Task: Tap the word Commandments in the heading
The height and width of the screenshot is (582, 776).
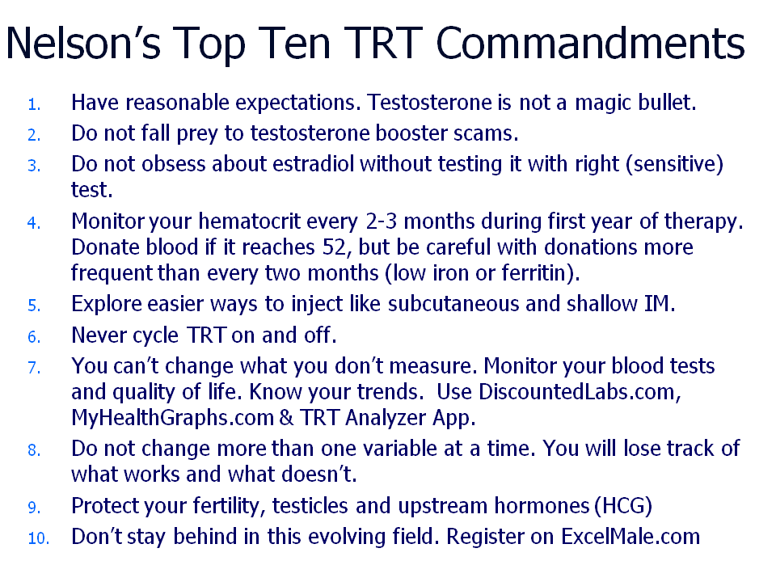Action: point(590,43)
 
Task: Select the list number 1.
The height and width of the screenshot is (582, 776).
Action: point(34,105)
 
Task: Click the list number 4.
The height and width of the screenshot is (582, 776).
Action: point(34,223)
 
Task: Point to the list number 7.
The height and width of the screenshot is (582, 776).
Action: point(34,368)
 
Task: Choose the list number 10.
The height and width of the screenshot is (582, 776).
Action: point(39,538)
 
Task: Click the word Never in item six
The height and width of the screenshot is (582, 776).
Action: point(100,335)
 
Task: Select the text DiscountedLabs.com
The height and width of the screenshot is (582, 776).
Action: point(576,392)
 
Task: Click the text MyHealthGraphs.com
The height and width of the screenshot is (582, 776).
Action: point(173,418)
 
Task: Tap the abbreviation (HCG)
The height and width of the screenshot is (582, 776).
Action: point(623,506)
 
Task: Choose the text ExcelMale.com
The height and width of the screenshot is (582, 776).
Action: point(630,537)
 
